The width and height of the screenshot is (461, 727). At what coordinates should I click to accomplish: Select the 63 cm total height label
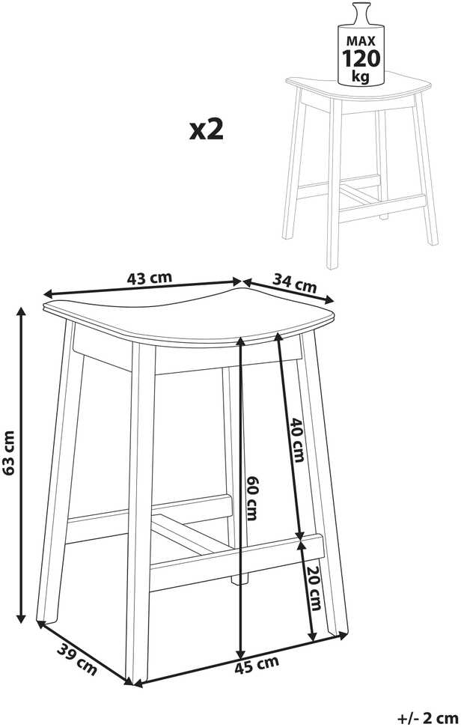[x=8, y=453]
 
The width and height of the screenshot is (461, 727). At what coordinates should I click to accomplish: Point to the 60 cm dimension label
[x=251, y=498]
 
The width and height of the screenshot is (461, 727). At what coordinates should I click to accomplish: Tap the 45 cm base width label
[x=256, y=666]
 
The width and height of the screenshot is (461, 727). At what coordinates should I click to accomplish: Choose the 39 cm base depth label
[x=77, y=660]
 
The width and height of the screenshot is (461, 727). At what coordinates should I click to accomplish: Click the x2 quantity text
[x=207, y=130]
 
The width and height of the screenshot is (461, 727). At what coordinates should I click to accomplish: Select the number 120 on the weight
[x=361, y=58]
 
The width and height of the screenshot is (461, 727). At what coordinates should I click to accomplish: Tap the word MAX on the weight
[x=361, y=40]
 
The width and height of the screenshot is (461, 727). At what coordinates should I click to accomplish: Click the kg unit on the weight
[x=361, y=76]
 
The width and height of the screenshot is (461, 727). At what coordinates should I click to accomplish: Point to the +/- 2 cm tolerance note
[x=428, y=718]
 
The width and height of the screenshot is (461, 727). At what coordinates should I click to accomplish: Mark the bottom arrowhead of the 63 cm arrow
[x=21, y=618]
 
